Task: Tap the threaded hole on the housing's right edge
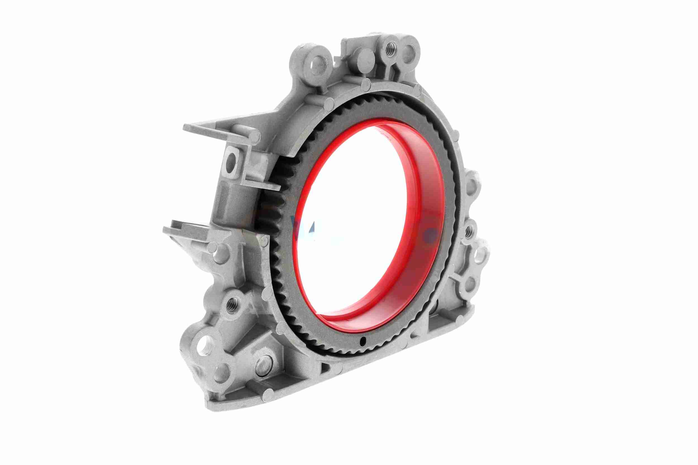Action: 468,230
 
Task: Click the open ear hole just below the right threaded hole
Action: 478,255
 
